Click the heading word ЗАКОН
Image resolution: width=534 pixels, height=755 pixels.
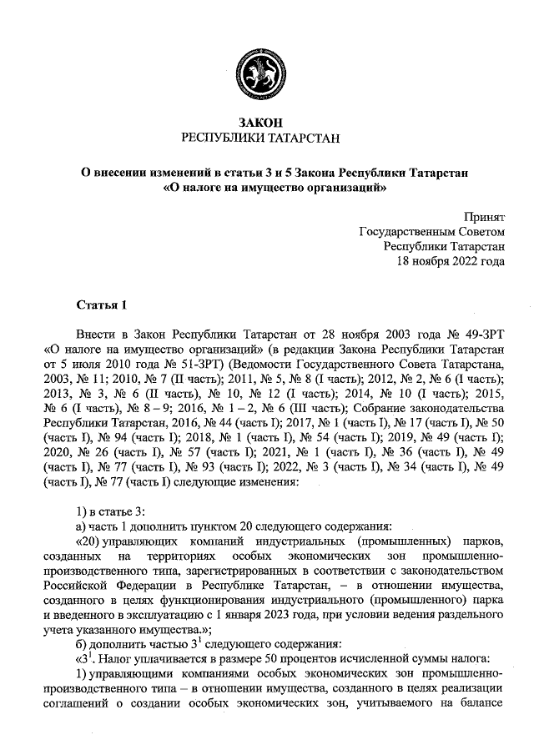[x=267, y=123]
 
